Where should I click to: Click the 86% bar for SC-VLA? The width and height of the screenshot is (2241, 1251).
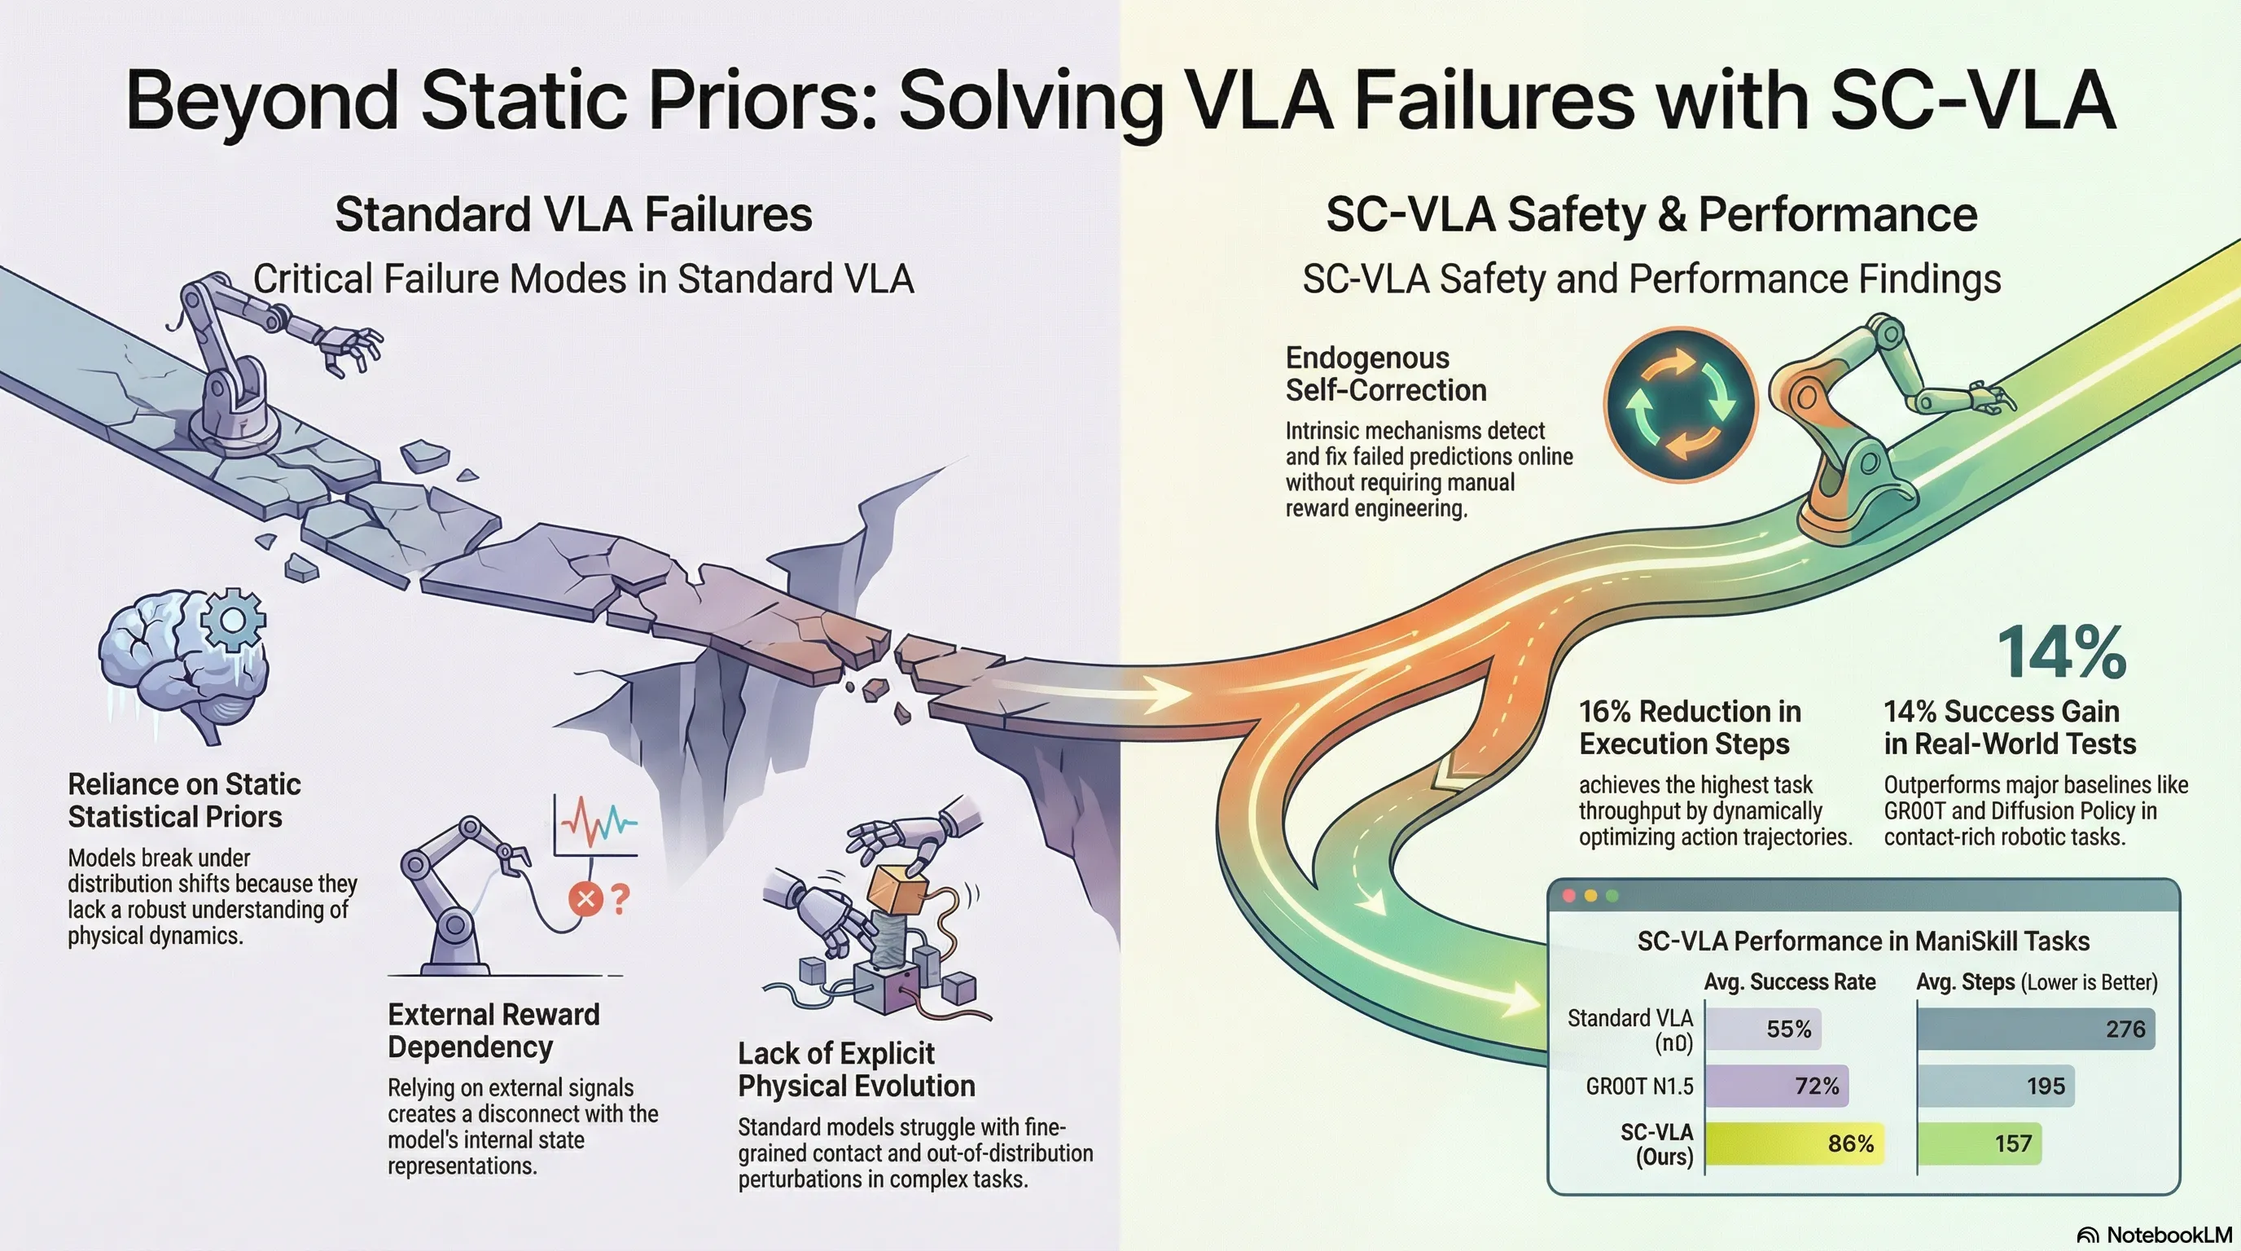[1794, 1143]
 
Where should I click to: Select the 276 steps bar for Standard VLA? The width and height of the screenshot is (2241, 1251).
[2036, 1029]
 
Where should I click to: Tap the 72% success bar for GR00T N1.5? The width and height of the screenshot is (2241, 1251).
[1777, 1086]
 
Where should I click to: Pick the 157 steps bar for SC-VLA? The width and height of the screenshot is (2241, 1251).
[1979, 1143]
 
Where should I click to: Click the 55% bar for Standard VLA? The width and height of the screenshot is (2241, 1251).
[1762, 1029]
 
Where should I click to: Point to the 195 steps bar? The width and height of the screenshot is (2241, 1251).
[1996, 1086]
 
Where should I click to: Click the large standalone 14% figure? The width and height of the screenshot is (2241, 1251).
[2062, 652]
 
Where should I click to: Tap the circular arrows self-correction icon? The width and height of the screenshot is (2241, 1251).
[1681, 405]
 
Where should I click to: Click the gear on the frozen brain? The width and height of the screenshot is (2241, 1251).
[232, 620]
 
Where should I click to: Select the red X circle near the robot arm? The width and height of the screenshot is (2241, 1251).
[585, 898]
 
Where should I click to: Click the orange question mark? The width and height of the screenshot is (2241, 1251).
[621, 898]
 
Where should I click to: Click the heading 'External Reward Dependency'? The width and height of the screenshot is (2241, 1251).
[493, 1030]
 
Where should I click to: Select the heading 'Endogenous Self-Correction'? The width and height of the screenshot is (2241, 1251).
[1386, 374]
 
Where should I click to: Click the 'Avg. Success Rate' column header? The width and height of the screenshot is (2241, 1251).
[1790, 982]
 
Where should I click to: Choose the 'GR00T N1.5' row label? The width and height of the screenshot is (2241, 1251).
[1640, 1086]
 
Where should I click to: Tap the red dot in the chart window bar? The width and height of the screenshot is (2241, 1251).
[1570, 895]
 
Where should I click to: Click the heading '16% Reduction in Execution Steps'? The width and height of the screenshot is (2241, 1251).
[1690, 727]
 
